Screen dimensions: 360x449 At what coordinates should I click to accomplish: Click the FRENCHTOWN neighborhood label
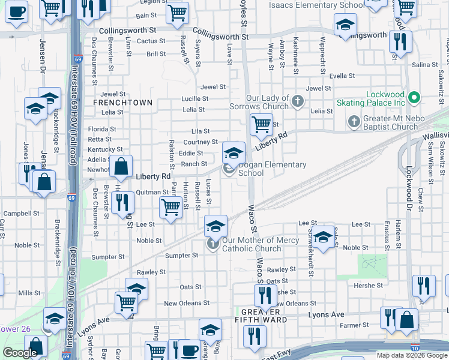(x=122, y=103)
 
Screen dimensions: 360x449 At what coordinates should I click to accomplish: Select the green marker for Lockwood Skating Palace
(x=414, y=97)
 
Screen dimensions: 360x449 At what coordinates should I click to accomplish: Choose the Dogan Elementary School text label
(x=273, y=169)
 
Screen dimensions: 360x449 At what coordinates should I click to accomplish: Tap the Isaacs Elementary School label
(x=308, y=5)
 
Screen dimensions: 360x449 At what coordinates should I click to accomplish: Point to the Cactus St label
(x=151, y=41)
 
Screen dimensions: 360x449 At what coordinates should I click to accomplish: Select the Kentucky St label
(x=105, y=149)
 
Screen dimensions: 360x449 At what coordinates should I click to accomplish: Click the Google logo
(x=20, y=353)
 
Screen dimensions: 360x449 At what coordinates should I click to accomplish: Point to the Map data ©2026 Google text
(x=411, y=355)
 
